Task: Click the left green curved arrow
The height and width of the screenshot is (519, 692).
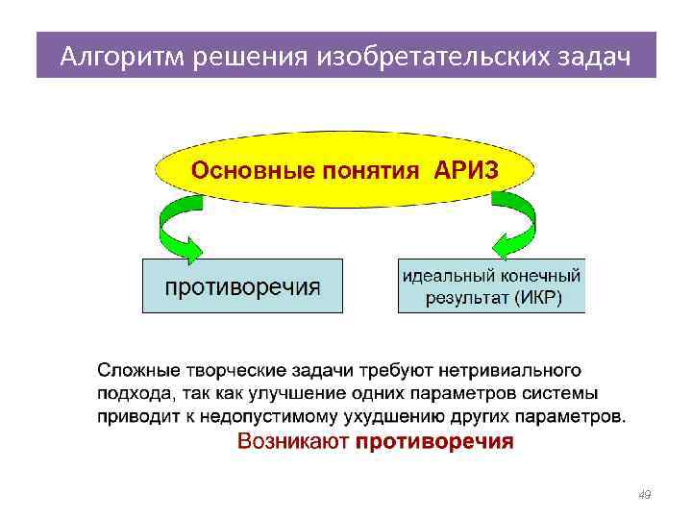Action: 175,228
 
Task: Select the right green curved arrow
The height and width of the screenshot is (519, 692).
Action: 514,228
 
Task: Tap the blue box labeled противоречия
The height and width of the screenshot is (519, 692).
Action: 242,285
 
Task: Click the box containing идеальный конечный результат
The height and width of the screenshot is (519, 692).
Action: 491,285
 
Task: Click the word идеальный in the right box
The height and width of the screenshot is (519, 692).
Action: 444,275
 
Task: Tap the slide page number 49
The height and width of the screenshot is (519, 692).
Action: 644,494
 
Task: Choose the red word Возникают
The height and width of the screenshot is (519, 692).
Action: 292,442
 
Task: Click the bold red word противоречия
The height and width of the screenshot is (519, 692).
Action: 434,442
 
